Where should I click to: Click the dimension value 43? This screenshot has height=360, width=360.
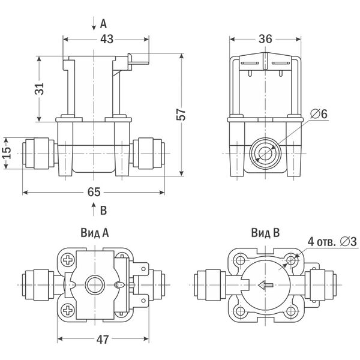[106, 39]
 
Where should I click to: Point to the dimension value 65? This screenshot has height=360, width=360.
[93, 192]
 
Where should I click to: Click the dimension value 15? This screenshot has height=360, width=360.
[7, 154]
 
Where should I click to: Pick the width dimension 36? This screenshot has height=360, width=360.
[265, 39]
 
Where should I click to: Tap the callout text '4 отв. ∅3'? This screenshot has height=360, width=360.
[332, 241]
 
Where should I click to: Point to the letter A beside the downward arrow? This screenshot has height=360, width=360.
[103, 24]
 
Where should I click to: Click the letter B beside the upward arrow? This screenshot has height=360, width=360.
[103, 210]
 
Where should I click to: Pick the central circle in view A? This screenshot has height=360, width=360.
[95, 285]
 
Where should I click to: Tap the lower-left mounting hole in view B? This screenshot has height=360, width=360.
[239, 311]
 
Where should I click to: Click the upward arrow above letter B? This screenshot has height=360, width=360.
[93, 209]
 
